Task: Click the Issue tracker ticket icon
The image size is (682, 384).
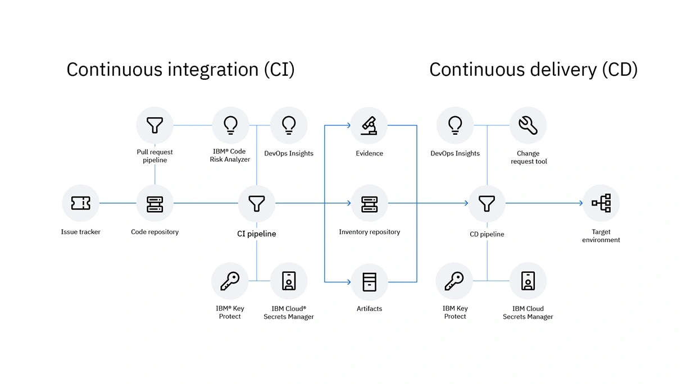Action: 81,203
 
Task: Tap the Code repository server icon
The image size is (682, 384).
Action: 154,203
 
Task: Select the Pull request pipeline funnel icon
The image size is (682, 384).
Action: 154,125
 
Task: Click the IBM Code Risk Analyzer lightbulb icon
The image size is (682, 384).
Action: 230,125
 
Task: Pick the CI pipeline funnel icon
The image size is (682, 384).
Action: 257,203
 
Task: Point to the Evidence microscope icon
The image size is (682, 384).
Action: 369,125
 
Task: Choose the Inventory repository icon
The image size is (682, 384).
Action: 369,203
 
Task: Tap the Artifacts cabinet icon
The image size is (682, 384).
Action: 369,281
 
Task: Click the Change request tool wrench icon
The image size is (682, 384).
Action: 528,125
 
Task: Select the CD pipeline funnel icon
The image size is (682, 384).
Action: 487,203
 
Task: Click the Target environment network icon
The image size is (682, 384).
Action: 601,203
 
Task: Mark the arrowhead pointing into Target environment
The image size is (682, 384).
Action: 581,203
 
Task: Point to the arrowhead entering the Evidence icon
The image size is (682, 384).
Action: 348,125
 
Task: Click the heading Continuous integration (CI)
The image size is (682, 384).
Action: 180,70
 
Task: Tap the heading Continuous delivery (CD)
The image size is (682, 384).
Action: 533,70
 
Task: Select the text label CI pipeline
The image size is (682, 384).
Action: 257,234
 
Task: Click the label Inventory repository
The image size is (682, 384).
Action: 369,232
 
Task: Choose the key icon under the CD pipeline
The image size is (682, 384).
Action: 454,281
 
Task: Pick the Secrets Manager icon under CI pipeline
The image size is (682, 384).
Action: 289,281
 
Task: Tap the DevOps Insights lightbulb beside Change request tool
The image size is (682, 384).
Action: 455,125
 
